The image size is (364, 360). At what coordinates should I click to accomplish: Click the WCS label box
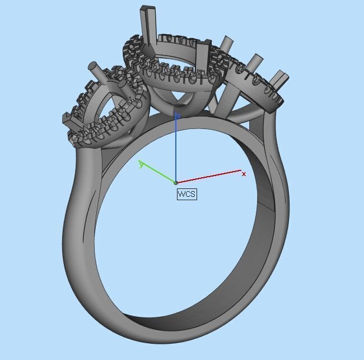pos(187,195)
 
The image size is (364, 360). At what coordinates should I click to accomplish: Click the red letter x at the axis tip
pos(244,174)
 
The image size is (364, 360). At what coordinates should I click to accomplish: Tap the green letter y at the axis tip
pos(141,164)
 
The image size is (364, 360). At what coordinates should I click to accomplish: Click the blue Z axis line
pos(176,149)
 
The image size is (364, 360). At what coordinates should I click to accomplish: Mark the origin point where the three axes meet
pos(176,183)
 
